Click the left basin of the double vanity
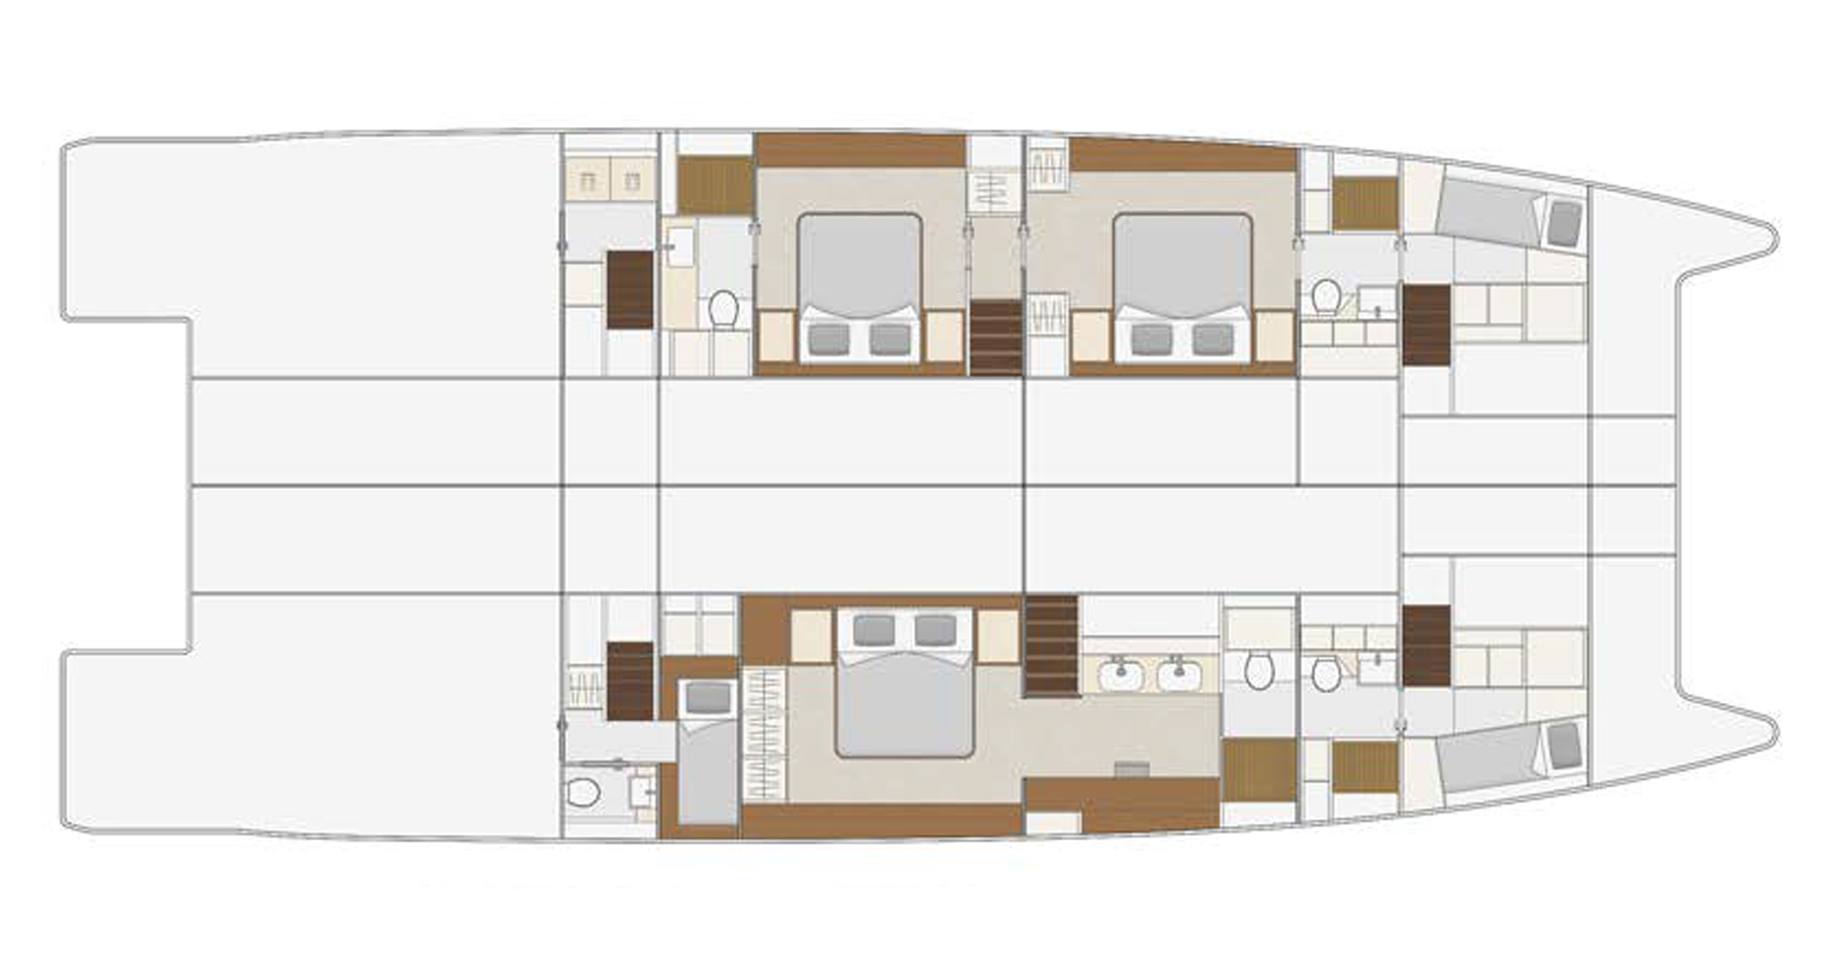(1120, 676)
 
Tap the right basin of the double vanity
(1179, 676)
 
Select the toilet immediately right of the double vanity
(1259, 670)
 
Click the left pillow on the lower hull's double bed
(873, 630)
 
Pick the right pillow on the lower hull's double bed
(935, 630)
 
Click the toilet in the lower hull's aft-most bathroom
(582, 792)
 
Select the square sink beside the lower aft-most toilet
(641, 791)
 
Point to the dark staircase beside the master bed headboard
(1051, 645)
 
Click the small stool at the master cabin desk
(1132, 768)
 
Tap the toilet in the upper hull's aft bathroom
(724, 308)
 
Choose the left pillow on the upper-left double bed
(829, 340)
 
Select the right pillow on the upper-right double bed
(1212, 340)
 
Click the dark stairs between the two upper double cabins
(996, 336)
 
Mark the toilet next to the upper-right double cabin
(1325, 297)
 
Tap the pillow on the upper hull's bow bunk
(1565, 222)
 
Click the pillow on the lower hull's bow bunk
(1565, 745)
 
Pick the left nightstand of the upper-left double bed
(776, 336)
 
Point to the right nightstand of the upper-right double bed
(1274, 336)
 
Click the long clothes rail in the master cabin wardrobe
(765, 733)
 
